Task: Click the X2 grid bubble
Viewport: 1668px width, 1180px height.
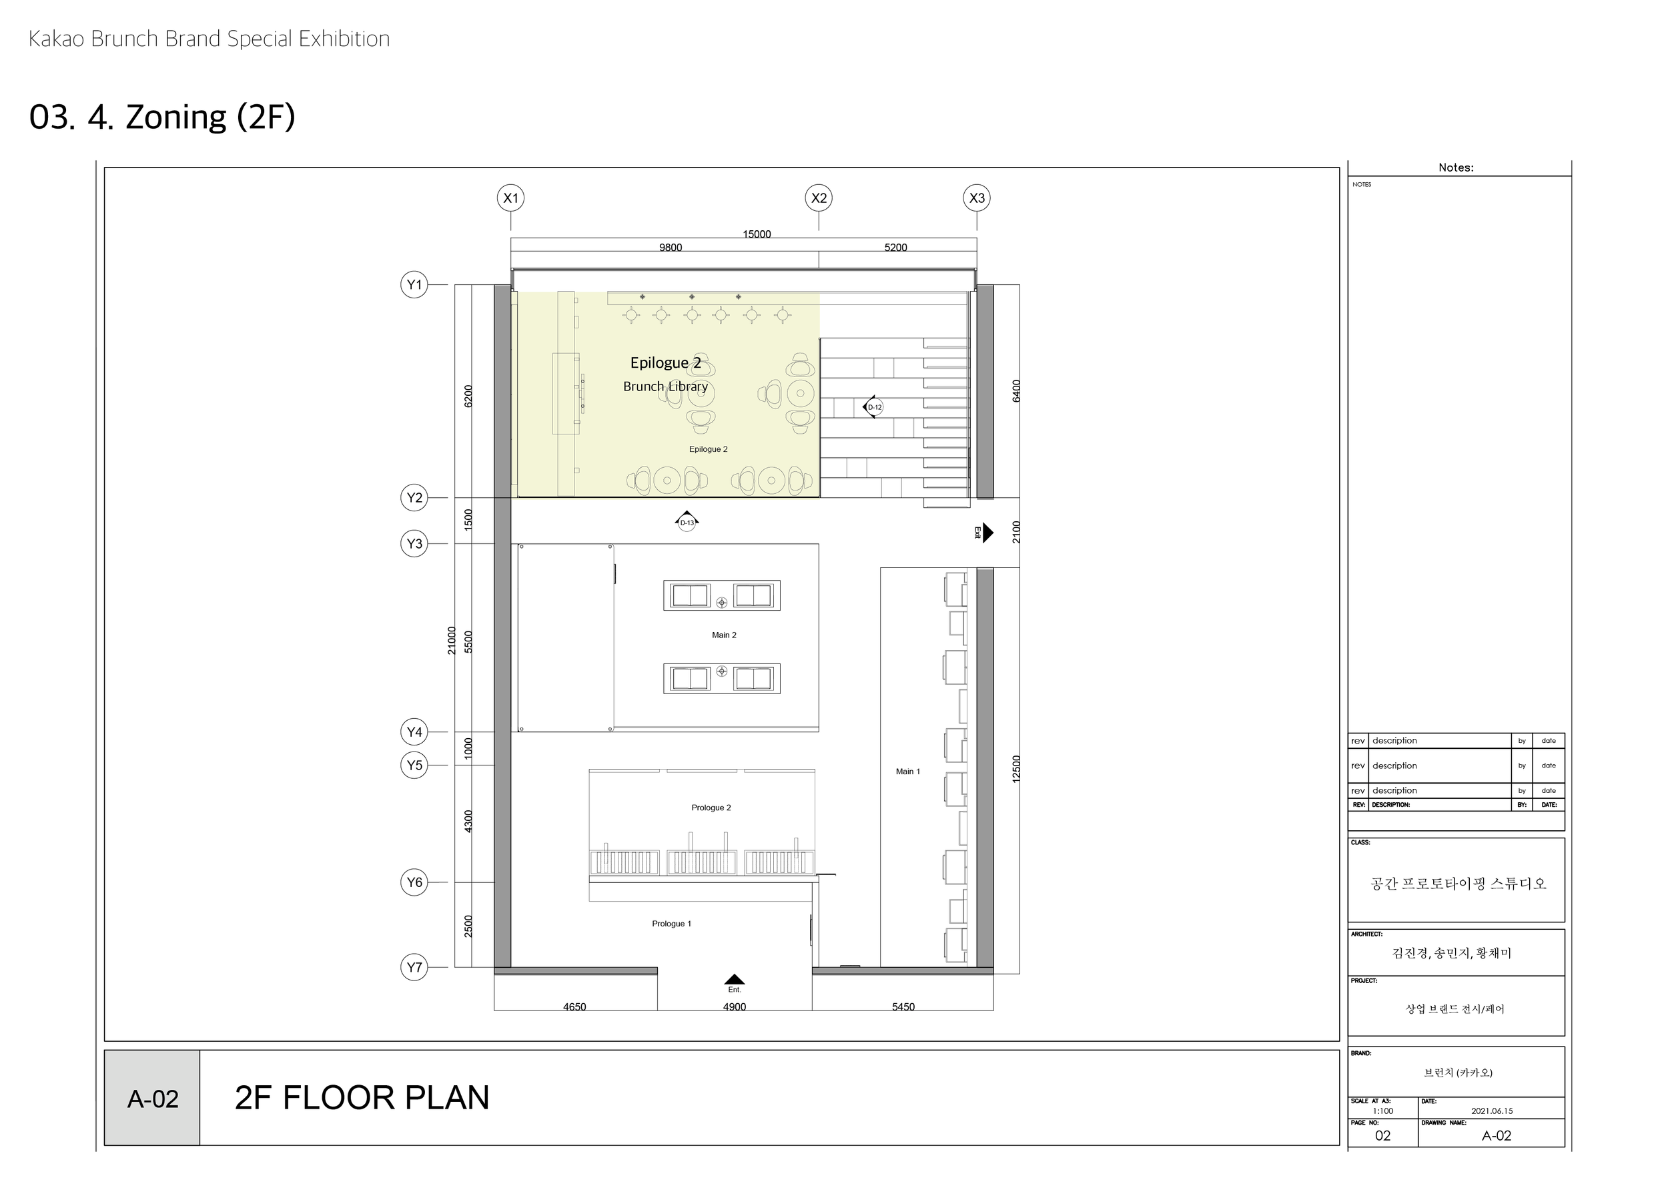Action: click(x=819, y=198)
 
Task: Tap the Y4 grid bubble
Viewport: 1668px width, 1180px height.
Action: click(x=414, y=731)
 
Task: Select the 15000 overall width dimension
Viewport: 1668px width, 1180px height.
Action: click(x=756, y=234)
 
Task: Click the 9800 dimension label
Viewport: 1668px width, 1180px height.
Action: click(x=670, y=248)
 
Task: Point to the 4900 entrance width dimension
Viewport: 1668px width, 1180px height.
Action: click(x=735, y=1006)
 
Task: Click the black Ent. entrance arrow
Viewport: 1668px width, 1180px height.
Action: click(x=735, y=980)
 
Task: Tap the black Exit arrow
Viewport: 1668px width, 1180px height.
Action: click(x=987, y=533)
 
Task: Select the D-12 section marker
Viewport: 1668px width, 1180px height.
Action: click(x=873, y=407)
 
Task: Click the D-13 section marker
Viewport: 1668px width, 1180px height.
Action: click(x=687, y=521)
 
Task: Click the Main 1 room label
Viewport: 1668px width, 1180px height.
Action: click(x=907, y=772)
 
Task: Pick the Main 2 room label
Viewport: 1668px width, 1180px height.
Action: click(x=723, y=635)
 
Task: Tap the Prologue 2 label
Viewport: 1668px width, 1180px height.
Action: click(x=711, y=808)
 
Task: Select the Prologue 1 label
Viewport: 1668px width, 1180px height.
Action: click(x=671, y=924)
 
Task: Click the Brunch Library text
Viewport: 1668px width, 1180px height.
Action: click(x=665, y=386)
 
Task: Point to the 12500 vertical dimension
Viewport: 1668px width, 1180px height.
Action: click(x=1016, y=769)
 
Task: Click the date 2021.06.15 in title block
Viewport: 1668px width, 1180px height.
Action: click(x=1491, y=1111)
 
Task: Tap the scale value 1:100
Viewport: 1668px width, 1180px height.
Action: click(x=1382, y=1111)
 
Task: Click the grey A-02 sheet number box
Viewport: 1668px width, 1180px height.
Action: click(x=153, y=1099)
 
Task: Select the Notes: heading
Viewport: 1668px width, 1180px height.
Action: click(x=1456, y=168)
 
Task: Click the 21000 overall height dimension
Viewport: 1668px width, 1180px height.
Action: click(x=451, y=640)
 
